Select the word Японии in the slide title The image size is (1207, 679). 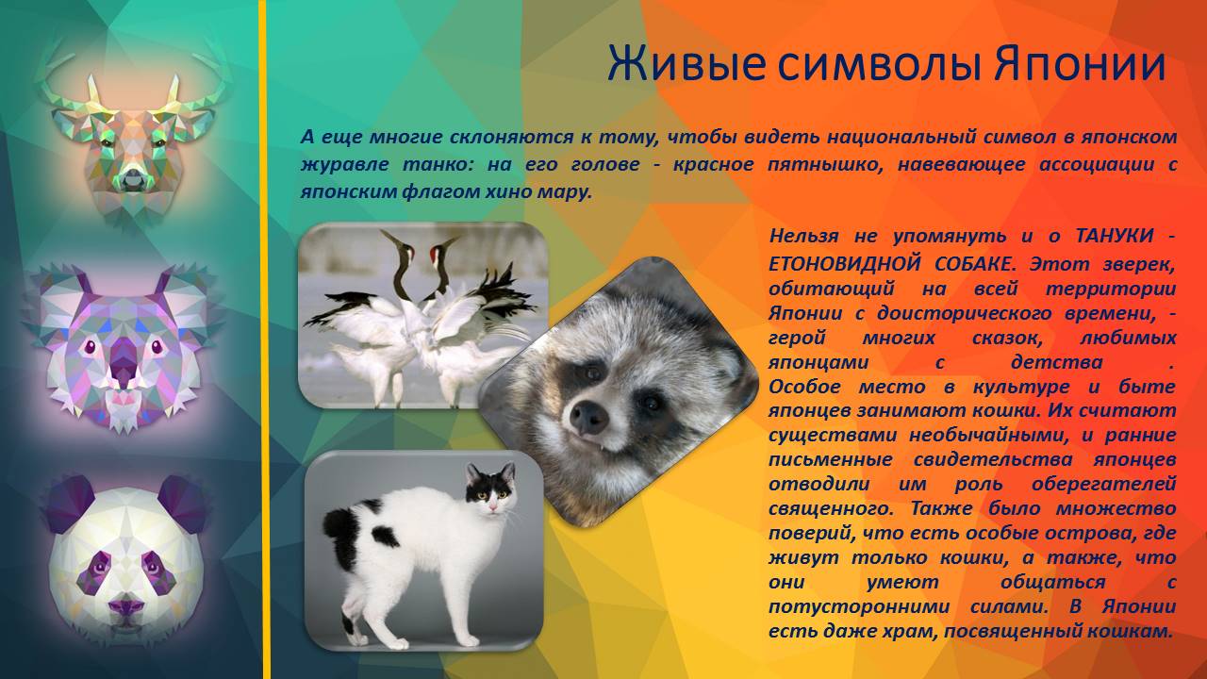1079,65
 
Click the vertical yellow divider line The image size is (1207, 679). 264,339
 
